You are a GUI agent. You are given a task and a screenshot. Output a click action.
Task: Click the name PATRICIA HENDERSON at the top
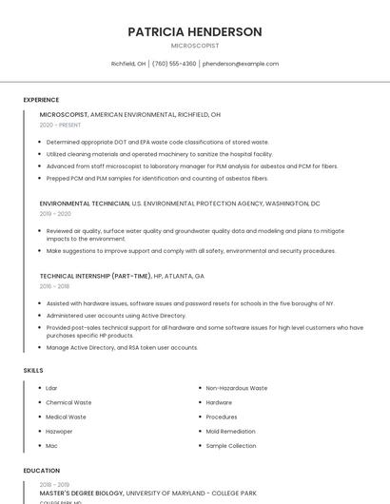click(195, 31)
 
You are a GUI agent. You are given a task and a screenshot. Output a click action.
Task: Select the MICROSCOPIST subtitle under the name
click(195, 46)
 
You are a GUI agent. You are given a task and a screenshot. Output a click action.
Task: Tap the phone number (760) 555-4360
click(174, 64)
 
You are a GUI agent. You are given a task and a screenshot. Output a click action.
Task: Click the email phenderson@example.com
click(241, 64)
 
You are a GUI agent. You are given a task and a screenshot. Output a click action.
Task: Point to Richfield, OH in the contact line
click(128, 64)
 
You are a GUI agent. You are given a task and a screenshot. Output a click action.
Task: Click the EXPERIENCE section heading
click(41, 100)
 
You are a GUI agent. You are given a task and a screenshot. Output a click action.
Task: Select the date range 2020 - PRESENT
click(60, 125)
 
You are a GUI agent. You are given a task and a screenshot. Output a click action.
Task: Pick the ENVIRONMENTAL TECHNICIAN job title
click(84, 204)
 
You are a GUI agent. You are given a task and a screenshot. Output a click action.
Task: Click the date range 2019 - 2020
click(55, 214)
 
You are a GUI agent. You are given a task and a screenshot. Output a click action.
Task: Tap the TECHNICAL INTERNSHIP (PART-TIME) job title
click(95, 276)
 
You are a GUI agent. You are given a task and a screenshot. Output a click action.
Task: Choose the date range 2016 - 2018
click(54, 286)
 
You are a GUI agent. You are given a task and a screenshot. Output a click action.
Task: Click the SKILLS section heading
click(33, 370)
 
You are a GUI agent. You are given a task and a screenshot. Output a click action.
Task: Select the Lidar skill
click(51, 388)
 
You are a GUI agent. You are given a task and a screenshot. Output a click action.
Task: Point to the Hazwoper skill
click(59, 431)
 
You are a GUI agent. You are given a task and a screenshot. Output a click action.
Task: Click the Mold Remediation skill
click(231, 431)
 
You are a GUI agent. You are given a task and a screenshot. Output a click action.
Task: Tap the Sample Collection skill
click(231, 445)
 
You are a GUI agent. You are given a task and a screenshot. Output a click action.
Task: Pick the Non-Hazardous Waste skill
click(237, 388)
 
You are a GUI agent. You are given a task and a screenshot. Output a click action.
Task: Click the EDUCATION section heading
click(41, 470)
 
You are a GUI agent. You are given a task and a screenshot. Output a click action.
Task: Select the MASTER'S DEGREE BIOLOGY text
click(82, 494)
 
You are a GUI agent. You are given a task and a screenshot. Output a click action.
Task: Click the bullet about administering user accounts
click(116, 315)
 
